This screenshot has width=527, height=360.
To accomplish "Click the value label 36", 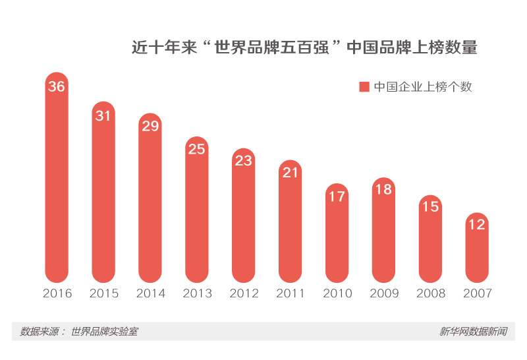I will pos(57,86).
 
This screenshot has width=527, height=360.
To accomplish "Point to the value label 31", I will pos(103,116).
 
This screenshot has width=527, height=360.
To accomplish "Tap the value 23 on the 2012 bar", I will pos(244,161).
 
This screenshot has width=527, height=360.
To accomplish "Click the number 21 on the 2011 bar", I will pos(291,173).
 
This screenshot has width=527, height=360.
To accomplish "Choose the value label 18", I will pos(383,190).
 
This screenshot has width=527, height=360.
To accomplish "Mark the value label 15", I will pos(430,207).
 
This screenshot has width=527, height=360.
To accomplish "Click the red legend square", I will pos(364,87).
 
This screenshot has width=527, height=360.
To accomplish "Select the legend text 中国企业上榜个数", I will pos(423,87).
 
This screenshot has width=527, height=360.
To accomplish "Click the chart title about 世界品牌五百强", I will pos(304,48).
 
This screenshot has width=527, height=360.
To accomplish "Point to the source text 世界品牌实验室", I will pos(104,332).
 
